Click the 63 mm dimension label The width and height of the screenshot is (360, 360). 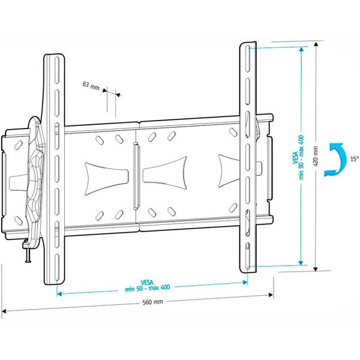click(91, 86)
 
